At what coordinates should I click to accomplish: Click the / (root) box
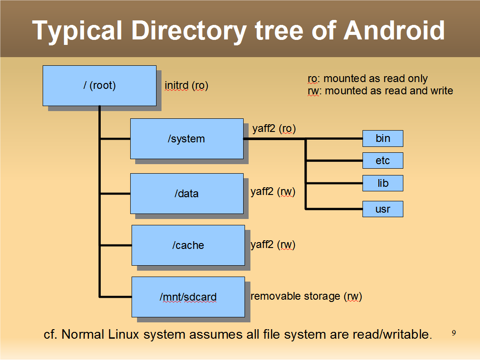point(99,86)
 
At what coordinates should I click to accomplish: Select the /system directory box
point(186,139)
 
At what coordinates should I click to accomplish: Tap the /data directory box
point(186,194)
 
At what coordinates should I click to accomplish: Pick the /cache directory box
point(188,245)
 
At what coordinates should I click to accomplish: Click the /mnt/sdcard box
point(188,297)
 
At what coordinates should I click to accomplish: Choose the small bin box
point(382,138)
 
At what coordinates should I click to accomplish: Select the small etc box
point(382,161)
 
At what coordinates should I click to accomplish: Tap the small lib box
point(382,183)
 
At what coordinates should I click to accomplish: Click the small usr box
point(382,209)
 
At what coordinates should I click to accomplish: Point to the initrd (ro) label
point(186,86)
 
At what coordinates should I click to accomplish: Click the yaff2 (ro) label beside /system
point(274,129)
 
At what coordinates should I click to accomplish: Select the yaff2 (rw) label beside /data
point(273,192)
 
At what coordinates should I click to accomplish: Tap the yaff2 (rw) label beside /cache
point(273,245)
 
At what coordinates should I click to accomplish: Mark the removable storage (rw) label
point(306,297)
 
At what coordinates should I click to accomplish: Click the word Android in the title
point(394,31)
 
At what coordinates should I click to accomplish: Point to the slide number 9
point(454,333)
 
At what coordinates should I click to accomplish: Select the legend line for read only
point(367,79)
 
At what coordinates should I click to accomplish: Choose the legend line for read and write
point(380,91)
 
